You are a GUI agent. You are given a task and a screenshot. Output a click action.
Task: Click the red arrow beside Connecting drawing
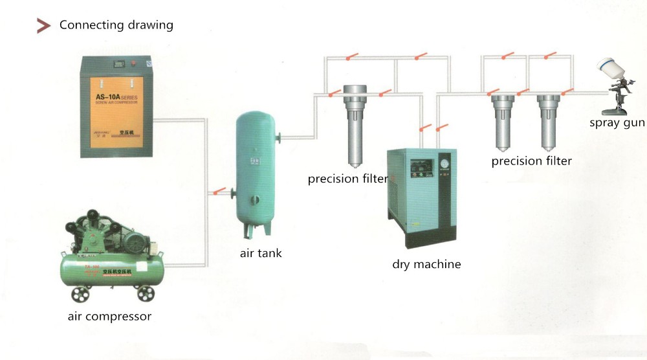coord(43,26)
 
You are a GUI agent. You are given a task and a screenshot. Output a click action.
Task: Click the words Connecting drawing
coord(116,25)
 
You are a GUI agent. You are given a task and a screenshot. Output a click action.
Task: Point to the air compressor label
coord(109,317)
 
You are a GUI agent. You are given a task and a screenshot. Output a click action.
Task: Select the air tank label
coord(261,253)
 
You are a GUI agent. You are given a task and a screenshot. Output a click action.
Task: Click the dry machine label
coord(426,264)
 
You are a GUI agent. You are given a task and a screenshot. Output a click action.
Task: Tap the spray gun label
coord(617,123)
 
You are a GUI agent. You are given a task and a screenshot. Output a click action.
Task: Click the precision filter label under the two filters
coord(531,161)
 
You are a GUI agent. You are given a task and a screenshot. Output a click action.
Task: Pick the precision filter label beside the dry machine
coord(347,179)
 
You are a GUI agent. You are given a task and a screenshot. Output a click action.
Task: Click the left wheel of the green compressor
coord(81,295)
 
